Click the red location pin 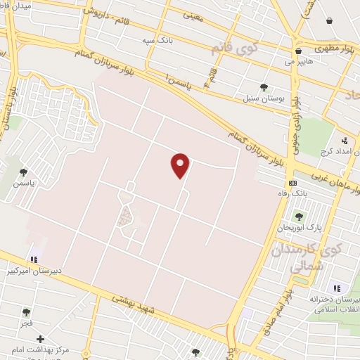coord(181,165)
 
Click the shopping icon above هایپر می coord(298,51)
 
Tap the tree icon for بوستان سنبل coord(264,87)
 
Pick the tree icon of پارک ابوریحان coord(299,217)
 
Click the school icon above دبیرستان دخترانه coord(337,288)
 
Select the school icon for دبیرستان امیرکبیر coord(34,259)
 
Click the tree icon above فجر coord(27,312)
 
